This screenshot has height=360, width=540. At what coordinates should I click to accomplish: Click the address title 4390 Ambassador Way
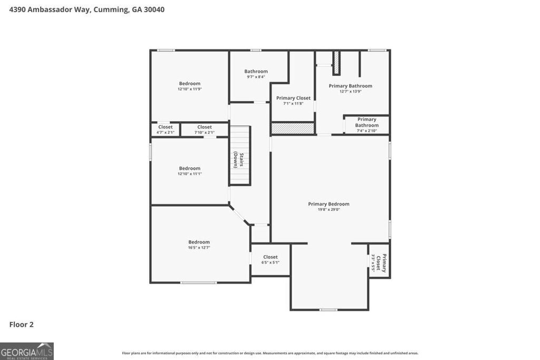pos(87,9)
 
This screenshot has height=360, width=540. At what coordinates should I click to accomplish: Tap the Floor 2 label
pos(22,325)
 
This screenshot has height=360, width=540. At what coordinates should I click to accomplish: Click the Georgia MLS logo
pos(27,351)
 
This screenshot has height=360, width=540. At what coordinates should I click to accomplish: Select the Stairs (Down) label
pos(239,160)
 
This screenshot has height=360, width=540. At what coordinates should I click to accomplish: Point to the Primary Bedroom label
pos(329,204)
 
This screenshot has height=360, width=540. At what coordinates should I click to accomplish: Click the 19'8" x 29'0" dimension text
pos(329,210)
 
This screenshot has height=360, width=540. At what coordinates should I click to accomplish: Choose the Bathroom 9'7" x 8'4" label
pos(256,74)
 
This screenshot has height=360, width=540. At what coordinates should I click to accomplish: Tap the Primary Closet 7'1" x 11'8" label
pos(293,101)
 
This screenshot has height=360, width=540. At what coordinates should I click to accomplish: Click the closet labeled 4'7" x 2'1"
pos(165,129)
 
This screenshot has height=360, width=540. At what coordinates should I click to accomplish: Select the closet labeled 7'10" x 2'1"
pos(205,129)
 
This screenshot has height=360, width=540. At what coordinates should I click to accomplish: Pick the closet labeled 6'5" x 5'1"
pos(270,259)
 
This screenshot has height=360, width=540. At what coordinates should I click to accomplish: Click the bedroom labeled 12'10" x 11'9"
pos(189,86)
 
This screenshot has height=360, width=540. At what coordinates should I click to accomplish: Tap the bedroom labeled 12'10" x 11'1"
pos(189,171)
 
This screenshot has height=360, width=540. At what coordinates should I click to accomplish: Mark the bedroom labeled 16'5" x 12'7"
pos(199,245)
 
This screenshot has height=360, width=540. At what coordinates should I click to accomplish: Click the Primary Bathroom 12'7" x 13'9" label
pos(350,88)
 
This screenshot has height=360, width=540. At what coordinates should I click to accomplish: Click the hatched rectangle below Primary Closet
pos(292,128)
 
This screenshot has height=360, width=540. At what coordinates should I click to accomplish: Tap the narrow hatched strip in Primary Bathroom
pos(335,63)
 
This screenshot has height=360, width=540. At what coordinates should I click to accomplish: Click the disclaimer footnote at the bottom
pos(270,353)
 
